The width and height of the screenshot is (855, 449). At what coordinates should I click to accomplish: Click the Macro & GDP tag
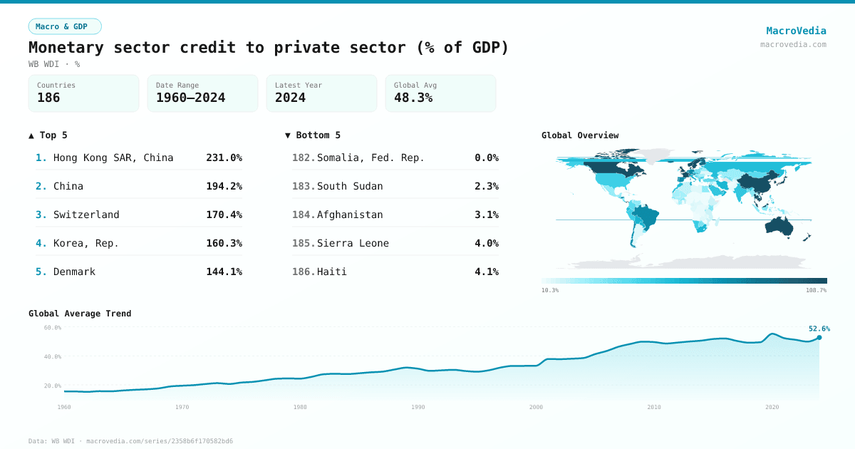pos(65,26)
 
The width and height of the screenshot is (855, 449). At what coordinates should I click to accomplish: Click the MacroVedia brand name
pos(796,31)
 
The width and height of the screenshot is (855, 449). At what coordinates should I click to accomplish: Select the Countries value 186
pos(48,98)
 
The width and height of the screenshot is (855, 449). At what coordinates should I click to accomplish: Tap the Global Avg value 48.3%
pos(413,98)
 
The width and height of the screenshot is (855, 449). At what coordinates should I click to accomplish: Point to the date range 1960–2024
pos(190,98)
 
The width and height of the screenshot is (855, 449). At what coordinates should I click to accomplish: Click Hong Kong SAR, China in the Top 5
pos(113,158)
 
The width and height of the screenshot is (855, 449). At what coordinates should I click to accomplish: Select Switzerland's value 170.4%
pos(224,215)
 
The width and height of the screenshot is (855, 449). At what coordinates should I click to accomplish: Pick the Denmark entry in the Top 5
pos(74,272)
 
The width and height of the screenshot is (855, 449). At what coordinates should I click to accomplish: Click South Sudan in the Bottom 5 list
pos(350,186)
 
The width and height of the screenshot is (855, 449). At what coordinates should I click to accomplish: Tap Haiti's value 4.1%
pos(486,272)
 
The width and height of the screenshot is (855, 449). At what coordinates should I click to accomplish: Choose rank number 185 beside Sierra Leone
pos(303,243)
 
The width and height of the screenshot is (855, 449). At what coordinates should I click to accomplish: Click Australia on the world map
pos(784,225)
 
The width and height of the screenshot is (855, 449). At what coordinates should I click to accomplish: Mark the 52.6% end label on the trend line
pos(819,329)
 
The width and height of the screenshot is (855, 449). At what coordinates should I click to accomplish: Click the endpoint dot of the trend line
pos(819,337)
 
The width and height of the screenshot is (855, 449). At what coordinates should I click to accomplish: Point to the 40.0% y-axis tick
pos(53,356)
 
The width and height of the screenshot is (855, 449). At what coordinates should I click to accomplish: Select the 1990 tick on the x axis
pos(418,407)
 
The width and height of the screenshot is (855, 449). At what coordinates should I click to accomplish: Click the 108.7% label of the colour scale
pos(816,290)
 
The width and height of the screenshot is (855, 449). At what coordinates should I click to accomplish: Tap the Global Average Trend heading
pos(80,314)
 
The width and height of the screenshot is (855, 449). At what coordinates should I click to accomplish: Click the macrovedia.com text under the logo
pos(793,44)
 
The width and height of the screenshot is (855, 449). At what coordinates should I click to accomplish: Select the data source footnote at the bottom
pos(130,441)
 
